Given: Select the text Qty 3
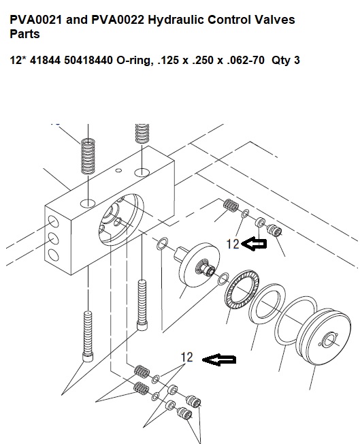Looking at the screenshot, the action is point(286,61).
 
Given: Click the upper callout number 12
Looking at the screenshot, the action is point(233,244).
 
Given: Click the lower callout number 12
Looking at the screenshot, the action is point(186,357).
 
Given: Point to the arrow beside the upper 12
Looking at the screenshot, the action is point(254,244).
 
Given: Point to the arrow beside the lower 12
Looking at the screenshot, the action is point(218,360).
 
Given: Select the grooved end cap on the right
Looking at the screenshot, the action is point(325,338).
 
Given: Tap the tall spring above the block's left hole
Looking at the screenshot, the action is point(88,156).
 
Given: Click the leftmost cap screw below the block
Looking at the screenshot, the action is point(88,336).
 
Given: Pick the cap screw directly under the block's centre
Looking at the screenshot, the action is point(142,304).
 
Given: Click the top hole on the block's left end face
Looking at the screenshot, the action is point(53,221).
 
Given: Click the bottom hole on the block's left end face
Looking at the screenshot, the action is point(53,255).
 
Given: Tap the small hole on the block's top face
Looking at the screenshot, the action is point(119,170).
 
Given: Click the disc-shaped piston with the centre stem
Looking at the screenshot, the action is point(198,265).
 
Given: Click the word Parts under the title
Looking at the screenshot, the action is point(24,34).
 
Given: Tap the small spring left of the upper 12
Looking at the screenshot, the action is point(231,205).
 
